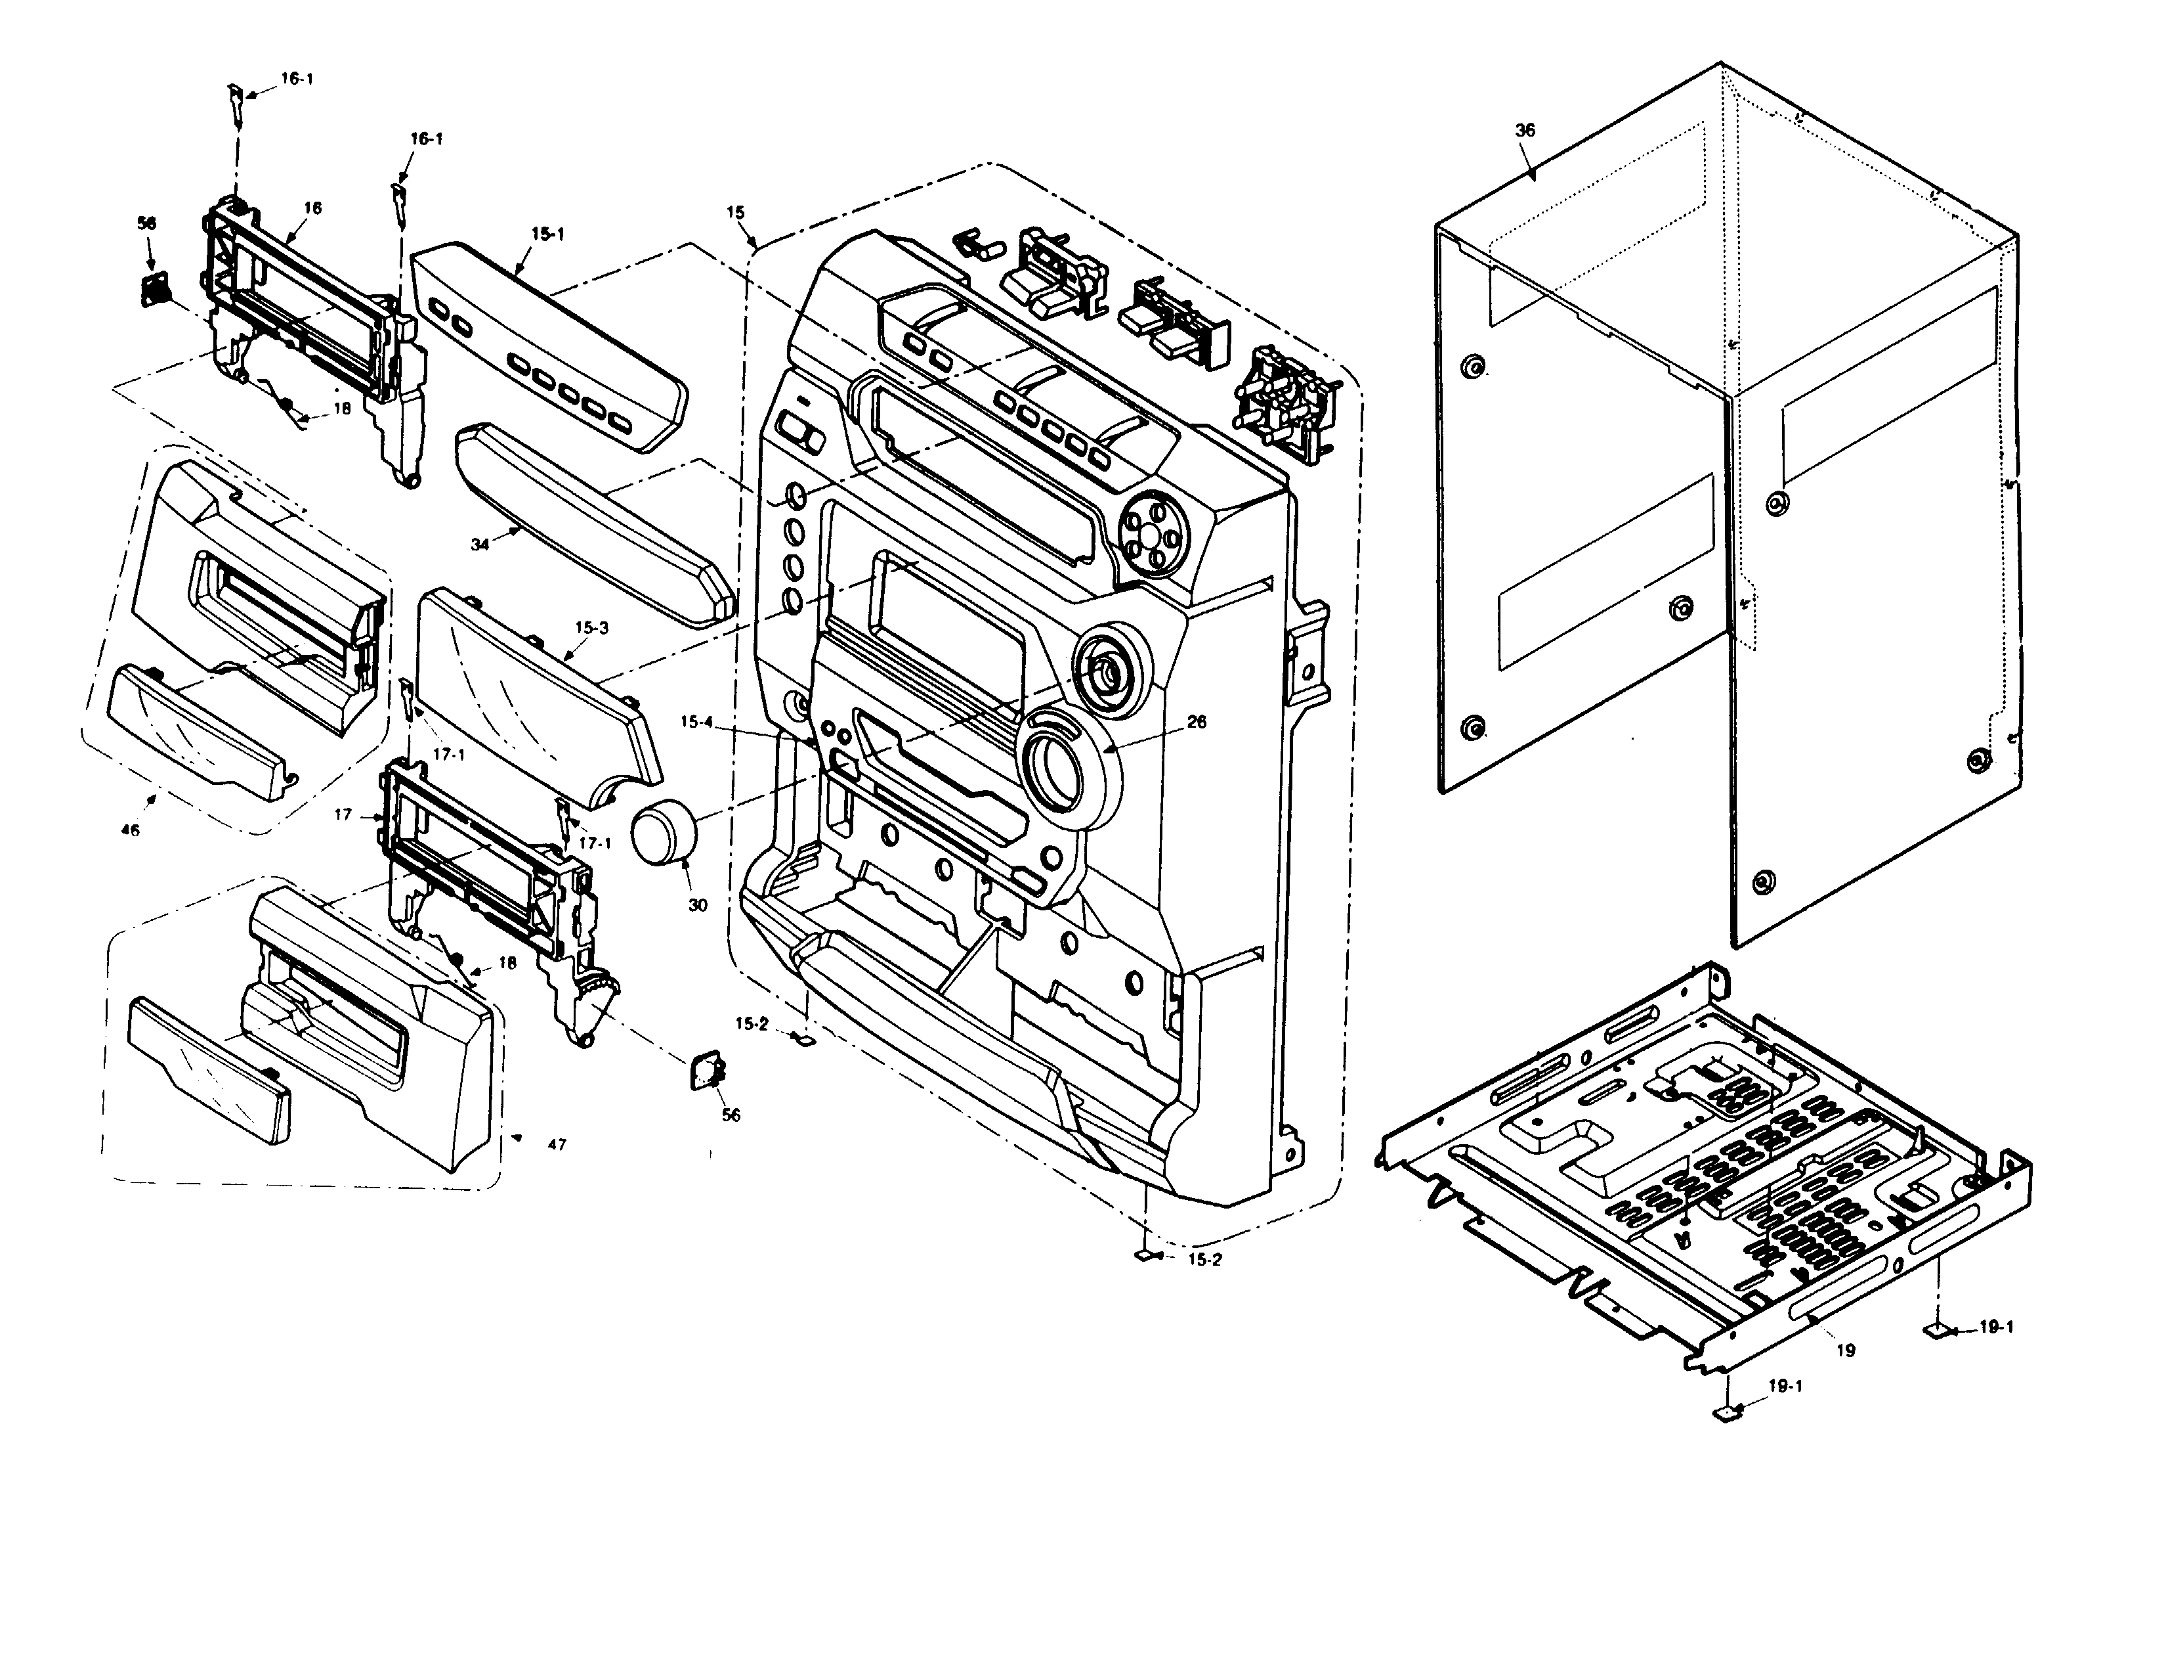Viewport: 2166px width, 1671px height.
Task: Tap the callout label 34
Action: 480,545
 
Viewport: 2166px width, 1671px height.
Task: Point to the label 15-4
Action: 696,723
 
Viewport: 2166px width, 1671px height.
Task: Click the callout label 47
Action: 557,1144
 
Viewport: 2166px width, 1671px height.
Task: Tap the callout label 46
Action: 130,830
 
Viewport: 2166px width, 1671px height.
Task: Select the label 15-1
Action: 547,234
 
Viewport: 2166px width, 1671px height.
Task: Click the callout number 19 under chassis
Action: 1846,1350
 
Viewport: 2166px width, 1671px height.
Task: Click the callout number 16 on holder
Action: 313,208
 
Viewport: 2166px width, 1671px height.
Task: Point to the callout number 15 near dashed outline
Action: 735,212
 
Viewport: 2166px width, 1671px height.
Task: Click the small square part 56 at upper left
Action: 154,291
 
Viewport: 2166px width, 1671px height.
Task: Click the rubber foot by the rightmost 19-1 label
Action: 1936,1329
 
